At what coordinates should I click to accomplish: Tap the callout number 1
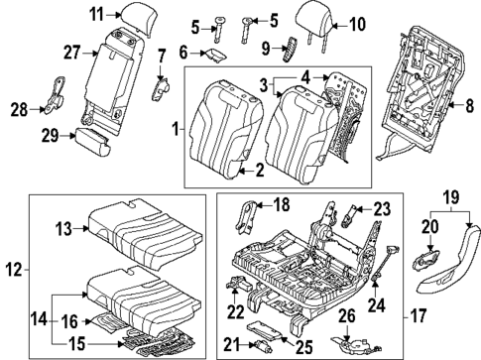[x=176, y=129]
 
